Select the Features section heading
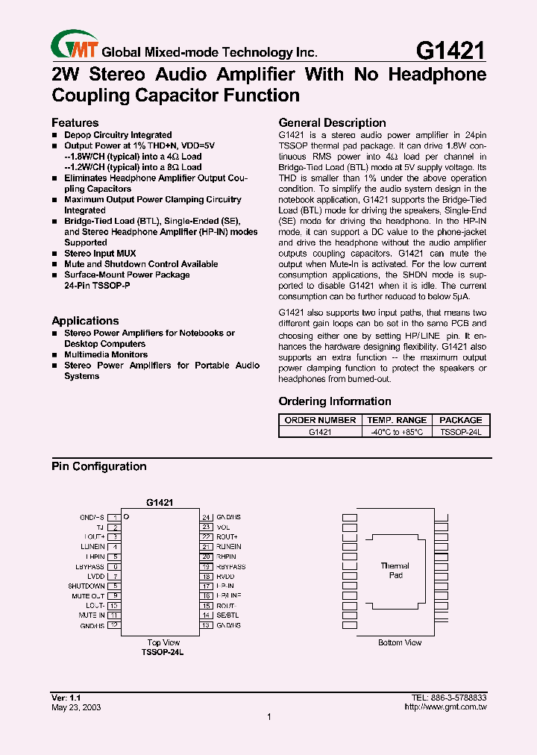click(75, 122)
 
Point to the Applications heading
click(85, 321)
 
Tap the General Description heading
click(332, 122)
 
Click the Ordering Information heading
click(335, 401)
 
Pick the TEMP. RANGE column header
click(397, 420)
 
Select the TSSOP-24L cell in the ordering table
click(460, 431)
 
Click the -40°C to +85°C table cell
click(397, 431)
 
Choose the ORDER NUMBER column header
click(320, 420)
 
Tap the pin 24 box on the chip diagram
click(206, 517)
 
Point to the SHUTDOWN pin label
click(87, 586)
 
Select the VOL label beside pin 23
click(223, 527)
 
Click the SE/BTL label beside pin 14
click(227, 615)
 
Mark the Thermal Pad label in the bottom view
click(395, 571)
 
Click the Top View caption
click(163, 642)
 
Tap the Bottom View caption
click(400, 642)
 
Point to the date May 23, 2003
click(76, 707)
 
